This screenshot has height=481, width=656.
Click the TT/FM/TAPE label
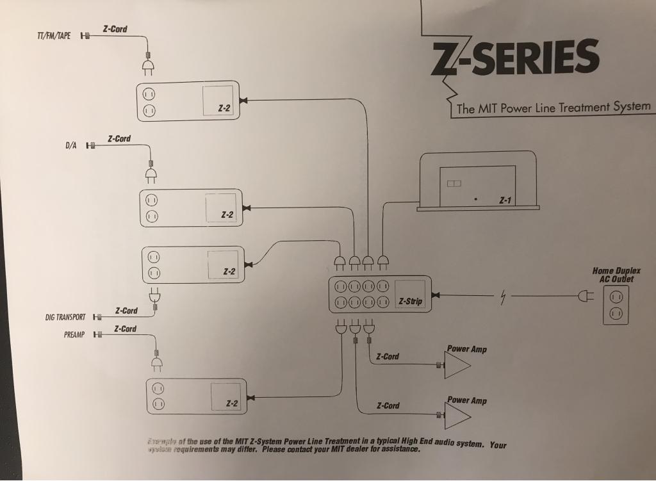click(54, 35)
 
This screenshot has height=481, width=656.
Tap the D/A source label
click(71, 145)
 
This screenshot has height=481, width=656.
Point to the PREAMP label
click(74, 334)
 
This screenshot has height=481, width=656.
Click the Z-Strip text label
click(410, 301)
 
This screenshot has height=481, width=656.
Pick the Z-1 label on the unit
click(505, 200)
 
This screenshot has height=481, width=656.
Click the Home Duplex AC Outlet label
click(616, 275)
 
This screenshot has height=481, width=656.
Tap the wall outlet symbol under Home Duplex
click(616, 305)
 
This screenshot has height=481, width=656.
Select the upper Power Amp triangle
click(457, 365)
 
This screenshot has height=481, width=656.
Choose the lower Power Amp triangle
click(457, 416)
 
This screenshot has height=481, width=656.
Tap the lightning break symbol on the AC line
click(504, 297)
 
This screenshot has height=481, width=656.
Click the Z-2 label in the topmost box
click(224, 108)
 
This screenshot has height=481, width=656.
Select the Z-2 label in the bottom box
click(232, 404)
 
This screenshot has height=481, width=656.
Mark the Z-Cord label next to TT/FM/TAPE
click(115, 29)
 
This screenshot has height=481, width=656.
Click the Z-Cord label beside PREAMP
click(125, 329)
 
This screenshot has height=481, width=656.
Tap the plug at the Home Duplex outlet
click(585, 296)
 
